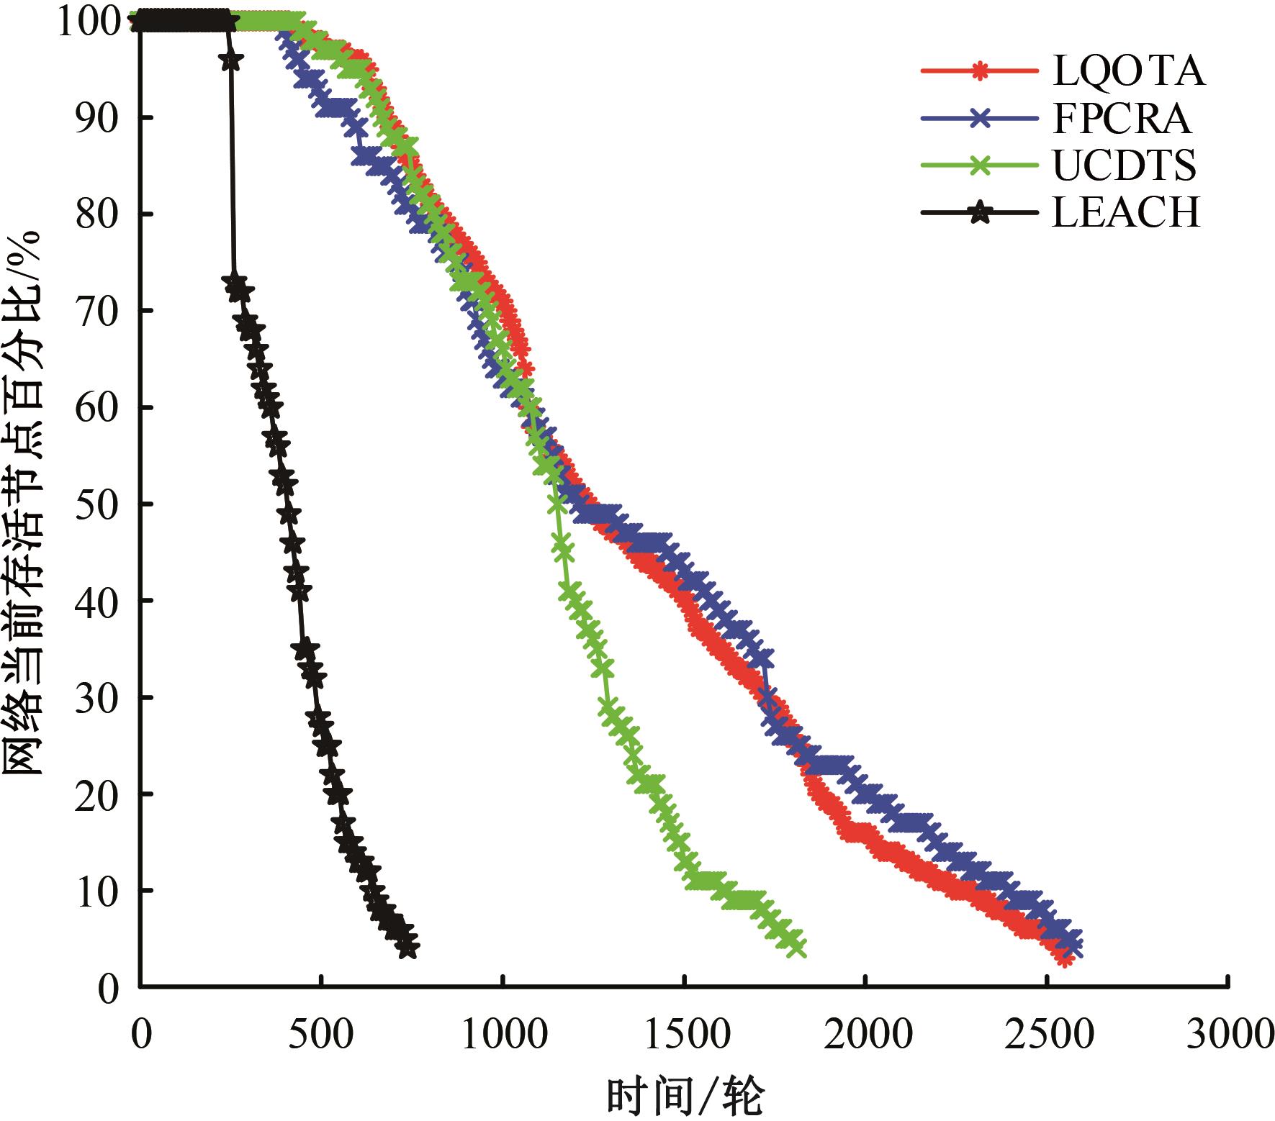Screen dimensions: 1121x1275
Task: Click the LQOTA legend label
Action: (1128, 71)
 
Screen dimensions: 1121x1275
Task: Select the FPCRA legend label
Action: (1122, 119)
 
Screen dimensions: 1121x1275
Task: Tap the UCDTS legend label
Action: (1124, 165)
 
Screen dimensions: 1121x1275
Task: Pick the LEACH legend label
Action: (1127, 213)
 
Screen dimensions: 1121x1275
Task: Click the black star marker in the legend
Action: (979, 213)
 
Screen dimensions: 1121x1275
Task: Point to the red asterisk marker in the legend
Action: (979, 71)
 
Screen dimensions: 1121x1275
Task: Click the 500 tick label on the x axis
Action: (321, 1035)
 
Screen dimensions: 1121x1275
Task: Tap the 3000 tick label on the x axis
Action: (1230, 1035)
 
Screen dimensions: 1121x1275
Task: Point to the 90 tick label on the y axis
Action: (96, 118)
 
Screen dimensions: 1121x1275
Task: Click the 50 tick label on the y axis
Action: (96, 504)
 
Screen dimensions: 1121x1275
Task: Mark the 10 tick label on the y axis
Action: (96, 891)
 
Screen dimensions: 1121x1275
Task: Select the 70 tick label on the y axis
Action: (96, 311)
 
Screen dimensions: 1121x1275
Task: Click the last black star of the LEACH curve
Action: (407, 947)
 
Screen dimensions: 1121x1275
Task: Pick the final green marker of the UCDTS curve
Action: (796, 948)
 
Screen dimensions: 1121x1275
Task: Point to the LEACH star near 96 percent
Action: (231, 61)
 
